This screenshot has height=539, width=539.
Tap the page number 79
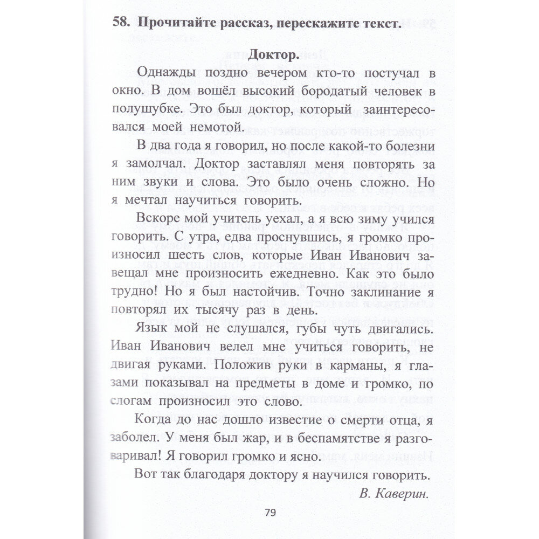coord(271,513)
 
